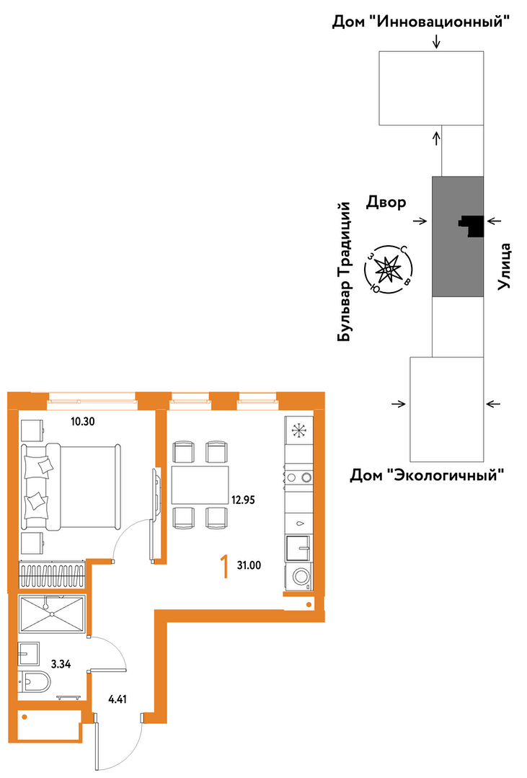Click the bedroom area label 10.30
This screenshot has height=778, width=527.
click(x=82, y=423)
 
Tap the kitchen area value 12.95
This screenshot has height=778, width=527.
click(x=243, y=500)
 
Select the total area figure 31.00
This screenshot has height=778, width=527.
click(x=249, y=565)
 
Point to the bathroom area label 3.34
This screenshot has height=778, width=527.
click(x=61, y=664)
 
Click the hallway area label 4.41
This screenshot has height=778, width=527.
click(x=118, y=699)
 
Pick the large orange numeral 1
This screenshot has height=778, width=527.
click(x=225, y=567)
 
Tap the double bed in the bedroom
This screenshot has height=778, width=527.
click(x=71, y=486)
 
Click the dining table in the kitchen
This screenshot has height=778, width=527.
click(x=200, y=485)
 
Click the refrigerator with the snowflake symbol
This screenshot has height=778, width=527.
click(x=298, y=430)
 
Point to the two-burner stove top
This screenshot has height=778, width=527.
click(x=298, y=477)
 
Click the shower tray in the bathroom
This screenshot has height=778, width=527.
click(x=52, y=614)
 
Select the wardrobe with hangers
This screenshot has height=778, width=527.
click(x=52, y=575)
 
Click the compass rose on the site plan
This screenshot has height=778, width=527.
click(x=388, y=270)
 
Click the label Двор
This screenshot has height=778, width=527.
click(x=386, y=203)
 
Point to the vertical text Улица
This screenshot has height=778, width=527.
click(x=505, y=266)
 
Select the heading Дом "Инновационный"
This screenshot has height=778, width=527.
click(x=421, y=22)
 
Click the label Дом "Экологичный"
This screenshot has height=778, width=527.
click(x=428, y=475)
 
